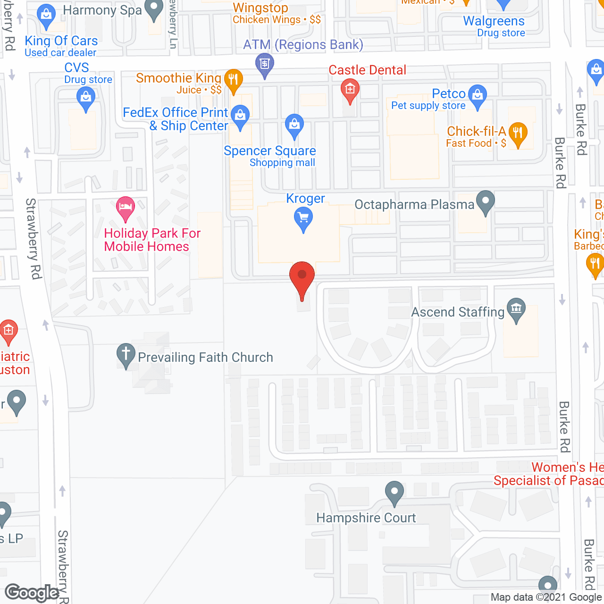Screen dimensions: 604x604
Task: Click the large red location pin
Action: point(302,277)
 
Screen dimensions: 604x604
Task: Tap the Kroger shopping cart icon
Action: point(303,218)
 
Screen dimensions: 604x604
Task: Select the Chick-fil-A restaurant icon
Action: point(518,133)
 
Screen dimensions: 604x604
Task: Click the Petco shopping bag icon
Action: point(478,95)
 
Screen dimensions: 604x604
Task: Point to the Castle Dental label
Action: point(367,70)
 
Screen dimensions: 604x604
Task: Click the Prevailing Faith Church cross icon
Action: point(126,354)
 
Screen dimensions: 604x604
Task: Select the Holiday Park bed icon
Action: point(125,207)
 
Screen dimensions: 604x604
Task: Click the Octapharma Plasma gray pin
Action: point(486,201)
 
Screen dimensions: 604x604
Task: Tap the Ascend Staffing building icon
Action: point(516,310)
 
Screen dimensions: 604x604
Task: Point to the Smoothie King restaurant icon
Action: point(233,80)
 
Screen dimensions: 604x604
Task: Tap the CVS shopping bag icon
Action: point(85,98)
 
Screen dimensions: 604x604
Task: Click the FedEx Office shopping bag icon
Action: point(240,115)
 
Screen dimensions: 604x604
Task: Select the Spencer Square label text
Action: point(270,151)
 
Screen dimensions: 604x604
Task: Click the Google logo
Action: point(32,593)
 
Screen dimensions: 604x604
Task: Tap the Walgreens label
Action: point(494,21)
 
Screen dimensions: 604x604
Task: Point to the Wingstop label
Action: point(260,8)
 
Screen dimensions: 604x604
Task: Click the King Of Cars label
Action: point(61,41)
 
